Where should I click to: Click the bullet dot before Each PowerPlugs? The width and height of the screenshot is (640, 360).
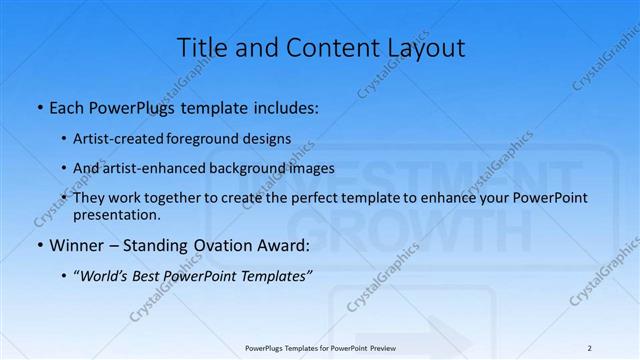coord(38,105)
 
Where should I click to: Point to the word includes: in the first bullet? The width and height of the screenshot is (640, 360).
coord(284,105)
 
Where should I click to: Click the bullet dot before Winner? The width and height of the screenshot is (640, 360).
coord(38,244)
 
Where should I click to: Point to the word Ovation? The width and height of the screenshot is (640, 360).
coord(211,244)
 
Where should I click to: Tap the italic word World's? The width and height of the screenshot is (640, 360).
coord(103,276)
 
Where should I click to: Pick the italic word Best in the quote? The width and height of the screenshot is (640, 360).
coord(147,276)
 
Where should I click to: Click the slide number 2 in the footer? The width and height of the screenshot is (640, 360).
coord(589,348)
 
